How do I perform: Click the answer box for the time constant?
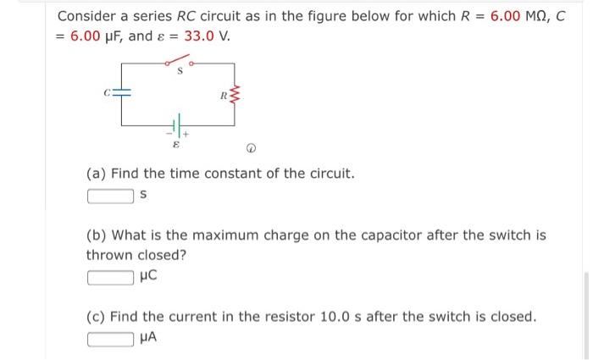tap(110, 196)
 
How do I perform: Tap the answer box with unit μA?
tap(110, 338)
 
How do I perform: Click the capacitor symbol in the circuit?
tap(121, 93)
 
